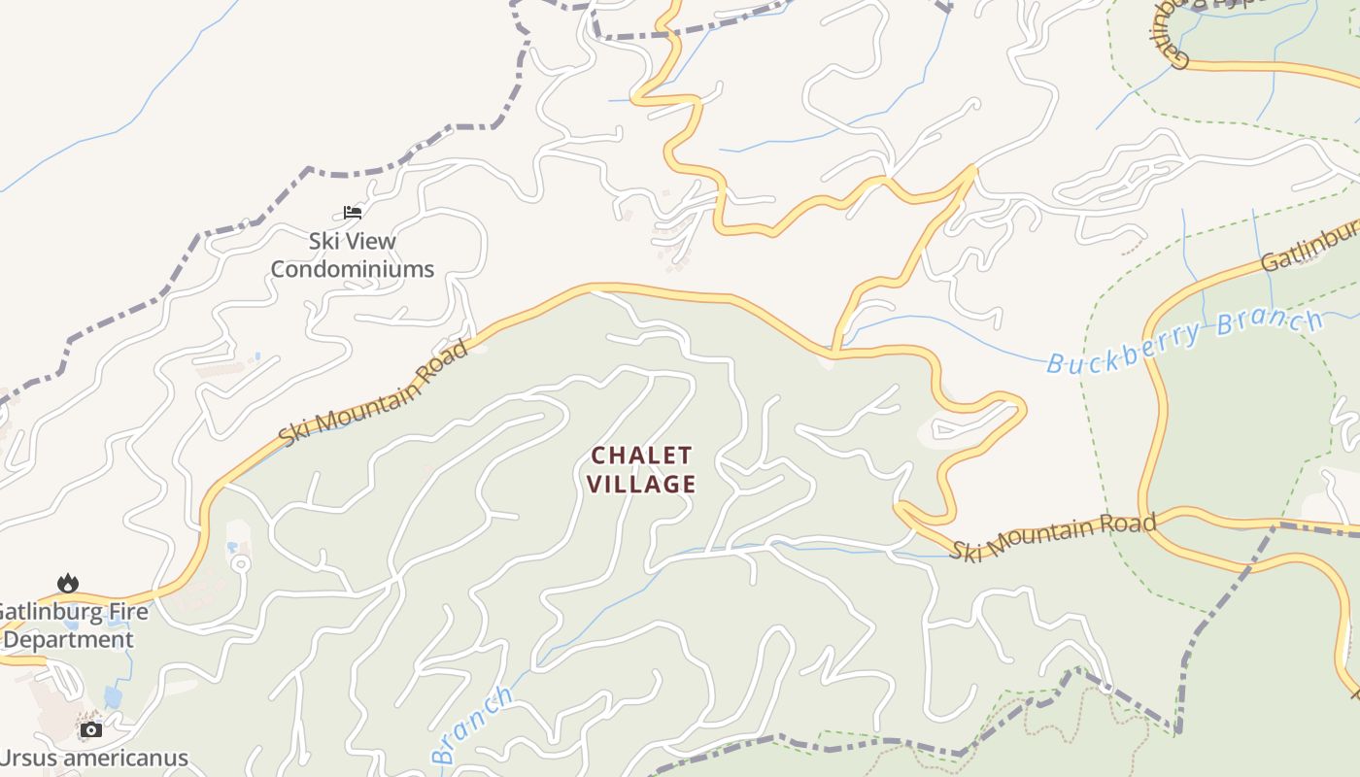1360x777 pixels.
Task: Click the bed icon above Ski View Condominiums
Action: pos(353,213)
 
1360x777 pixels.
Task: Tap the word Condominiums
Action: pos(352,269)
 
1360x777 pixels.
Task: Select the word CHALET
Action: pos(642,456)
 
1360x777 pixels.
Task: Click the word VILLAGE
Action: pos(642,484)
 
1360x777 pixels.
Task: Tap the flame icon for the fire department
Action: pos(67,583)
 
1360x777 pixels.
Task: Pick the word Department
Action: pos(68,640)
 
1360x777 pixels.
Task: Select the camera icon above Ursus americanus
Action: pos(91,729)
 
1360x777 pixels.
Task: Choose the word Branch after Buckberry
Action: pos(1269,325)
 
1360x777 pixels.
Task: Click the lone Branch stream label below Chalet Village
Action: pos(472,724)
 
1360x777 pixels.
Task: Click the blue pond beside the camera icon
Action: pos(113,697)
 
